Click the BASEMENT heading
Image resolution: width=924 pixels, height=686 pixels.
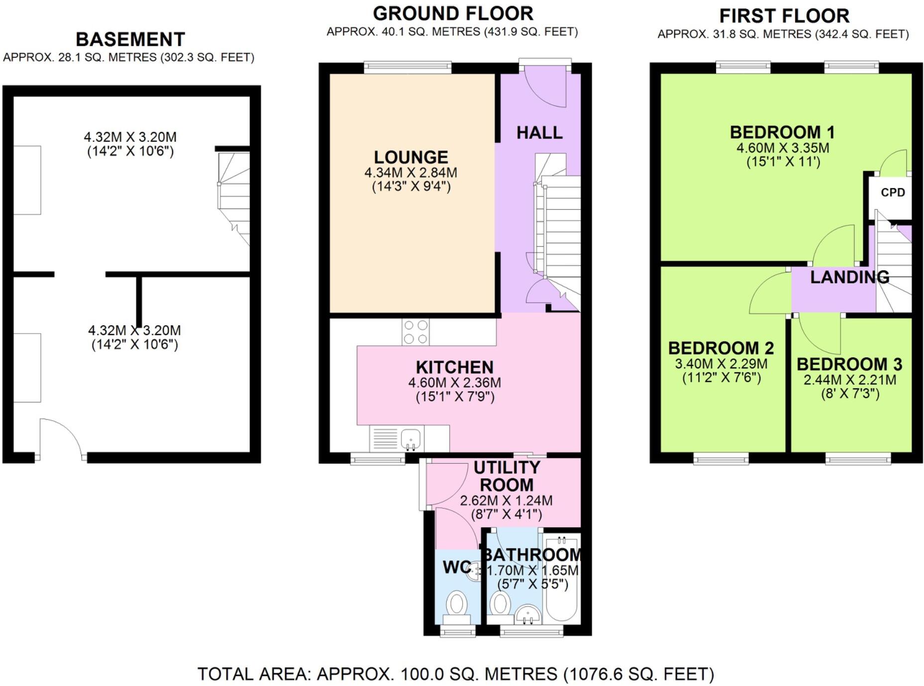pos(130,39)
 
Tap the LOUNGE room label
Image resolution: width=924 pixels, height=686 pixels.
pos(411,157)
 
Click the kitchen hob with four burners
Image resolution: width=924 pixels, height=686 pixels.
pos(415,332)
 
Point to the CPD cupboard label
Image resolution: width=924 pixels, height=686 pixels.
pos(893,193)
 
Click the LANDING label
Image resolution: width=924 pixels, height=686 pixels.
pos(849,277)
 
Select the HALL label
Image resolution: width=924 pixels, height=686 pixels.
pos(539,133)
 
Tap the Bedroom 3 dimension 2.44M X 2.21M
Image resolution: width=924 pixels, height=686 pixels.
pos(850,380)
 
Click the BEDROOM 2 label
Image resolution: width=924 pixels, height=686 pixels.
pos(720,348)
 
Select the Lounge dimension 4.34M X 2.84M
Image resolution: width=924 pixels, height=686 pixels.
pos(411,173)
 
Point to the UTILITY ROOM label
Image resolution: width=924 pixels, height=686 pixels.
pos(507,476)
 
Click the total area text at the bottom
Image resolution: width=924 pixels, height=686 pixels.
pos(456,674)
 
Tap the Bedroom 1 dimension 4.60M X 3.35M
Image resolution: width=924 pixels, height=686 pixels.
pos(783,148)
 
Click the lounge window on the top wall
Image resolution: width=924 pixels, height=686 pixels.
pos(408,67)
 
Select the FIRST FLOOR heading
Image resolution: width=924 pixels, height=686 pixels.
pos(784,16)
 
